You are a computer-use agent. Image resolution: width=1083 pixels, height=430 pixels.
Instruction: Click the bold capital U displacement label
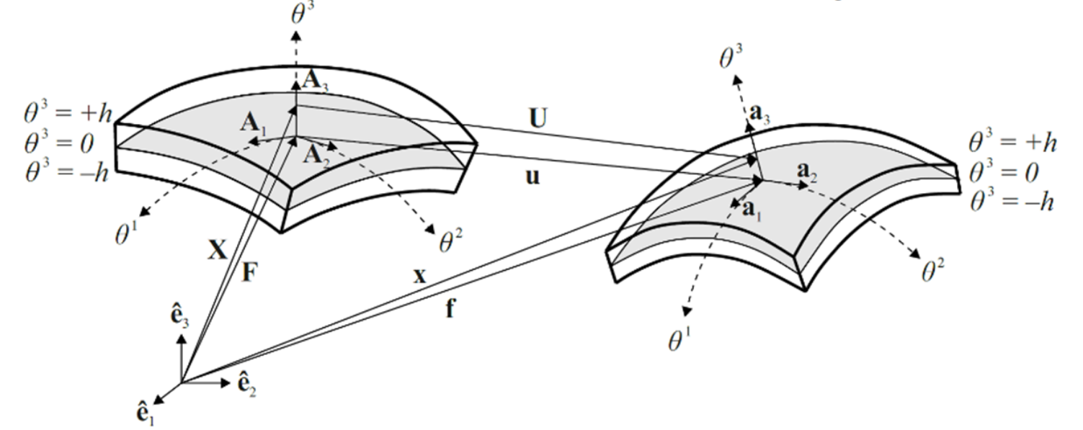pyautogui.click(x=536, y=120)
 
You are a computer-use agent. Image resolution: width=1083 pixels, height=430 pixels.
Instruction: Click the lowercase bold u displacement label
pyautogui.click(x=532, y=176)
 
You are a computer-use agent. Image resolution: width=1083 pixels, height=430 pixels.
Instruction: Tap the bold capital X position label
pyautogui.click(x=217, y=250)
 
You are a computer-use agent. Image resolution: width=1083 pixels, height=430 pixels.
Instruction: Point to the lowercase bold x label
pyautogui.click(x=422, y=276)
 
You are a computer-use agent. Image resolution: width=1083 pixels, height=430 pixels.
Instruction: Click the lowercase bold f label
pyautogui.click(x=450, y=310)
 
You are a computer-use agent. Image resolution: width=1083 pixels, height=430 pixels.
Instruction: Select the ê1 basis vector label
pyautogui.click(x=145, y=413)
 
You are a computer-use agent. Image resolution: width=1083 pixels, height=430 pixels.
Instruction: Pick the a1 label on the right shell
pyautogui.click(x=752, y=210)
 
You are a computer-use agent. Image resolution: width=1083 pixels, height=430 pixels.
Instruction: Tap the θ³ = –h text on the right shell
pyautogui.click(x=1012, y=202)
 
